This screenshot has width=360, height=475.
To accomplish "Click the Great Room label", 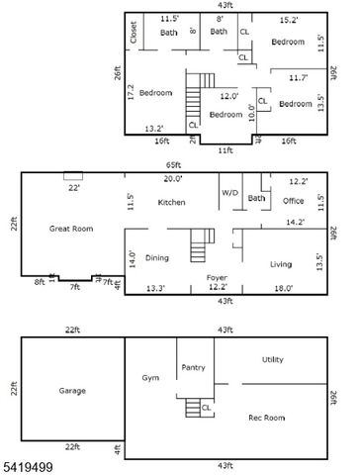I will [x=71, y=228].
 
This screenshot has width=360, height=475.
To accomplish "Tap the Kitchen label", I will [x=172, y=202].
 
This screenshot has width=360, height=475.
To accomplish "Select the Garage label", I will [x=72, y=390].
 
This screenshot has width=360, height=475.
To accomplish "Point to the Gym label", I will [x=150, y=378].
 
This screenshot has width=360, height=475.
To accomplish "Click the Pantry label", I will [x=193, y=367].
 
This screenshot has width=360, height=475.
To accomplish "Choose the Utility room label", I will [x=273, y=359].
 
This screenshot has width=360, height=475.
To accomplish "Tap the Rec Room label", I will [x=268, y=417].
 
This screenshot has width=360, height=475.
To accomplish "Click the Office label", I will [x=293, y=200].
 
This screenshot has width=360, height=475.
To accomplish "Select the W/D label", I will [x=229, y=192].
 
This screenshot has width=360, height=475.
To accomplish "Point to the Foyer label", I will [x=218, y=277].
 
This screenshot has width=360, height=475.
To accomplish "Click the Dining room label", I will [x=157, y=257].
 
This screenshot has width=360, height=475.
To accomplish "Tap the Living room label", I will [x=282, y=264].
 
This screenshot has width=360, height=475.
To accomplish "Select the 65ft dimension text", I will [x=173, y=165].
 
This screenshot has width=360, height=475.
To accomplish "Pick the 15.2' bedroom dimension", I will [x=288, y=19].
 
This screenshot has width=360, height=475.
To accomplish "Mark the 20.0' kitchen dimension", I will [x=173, y=178].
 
